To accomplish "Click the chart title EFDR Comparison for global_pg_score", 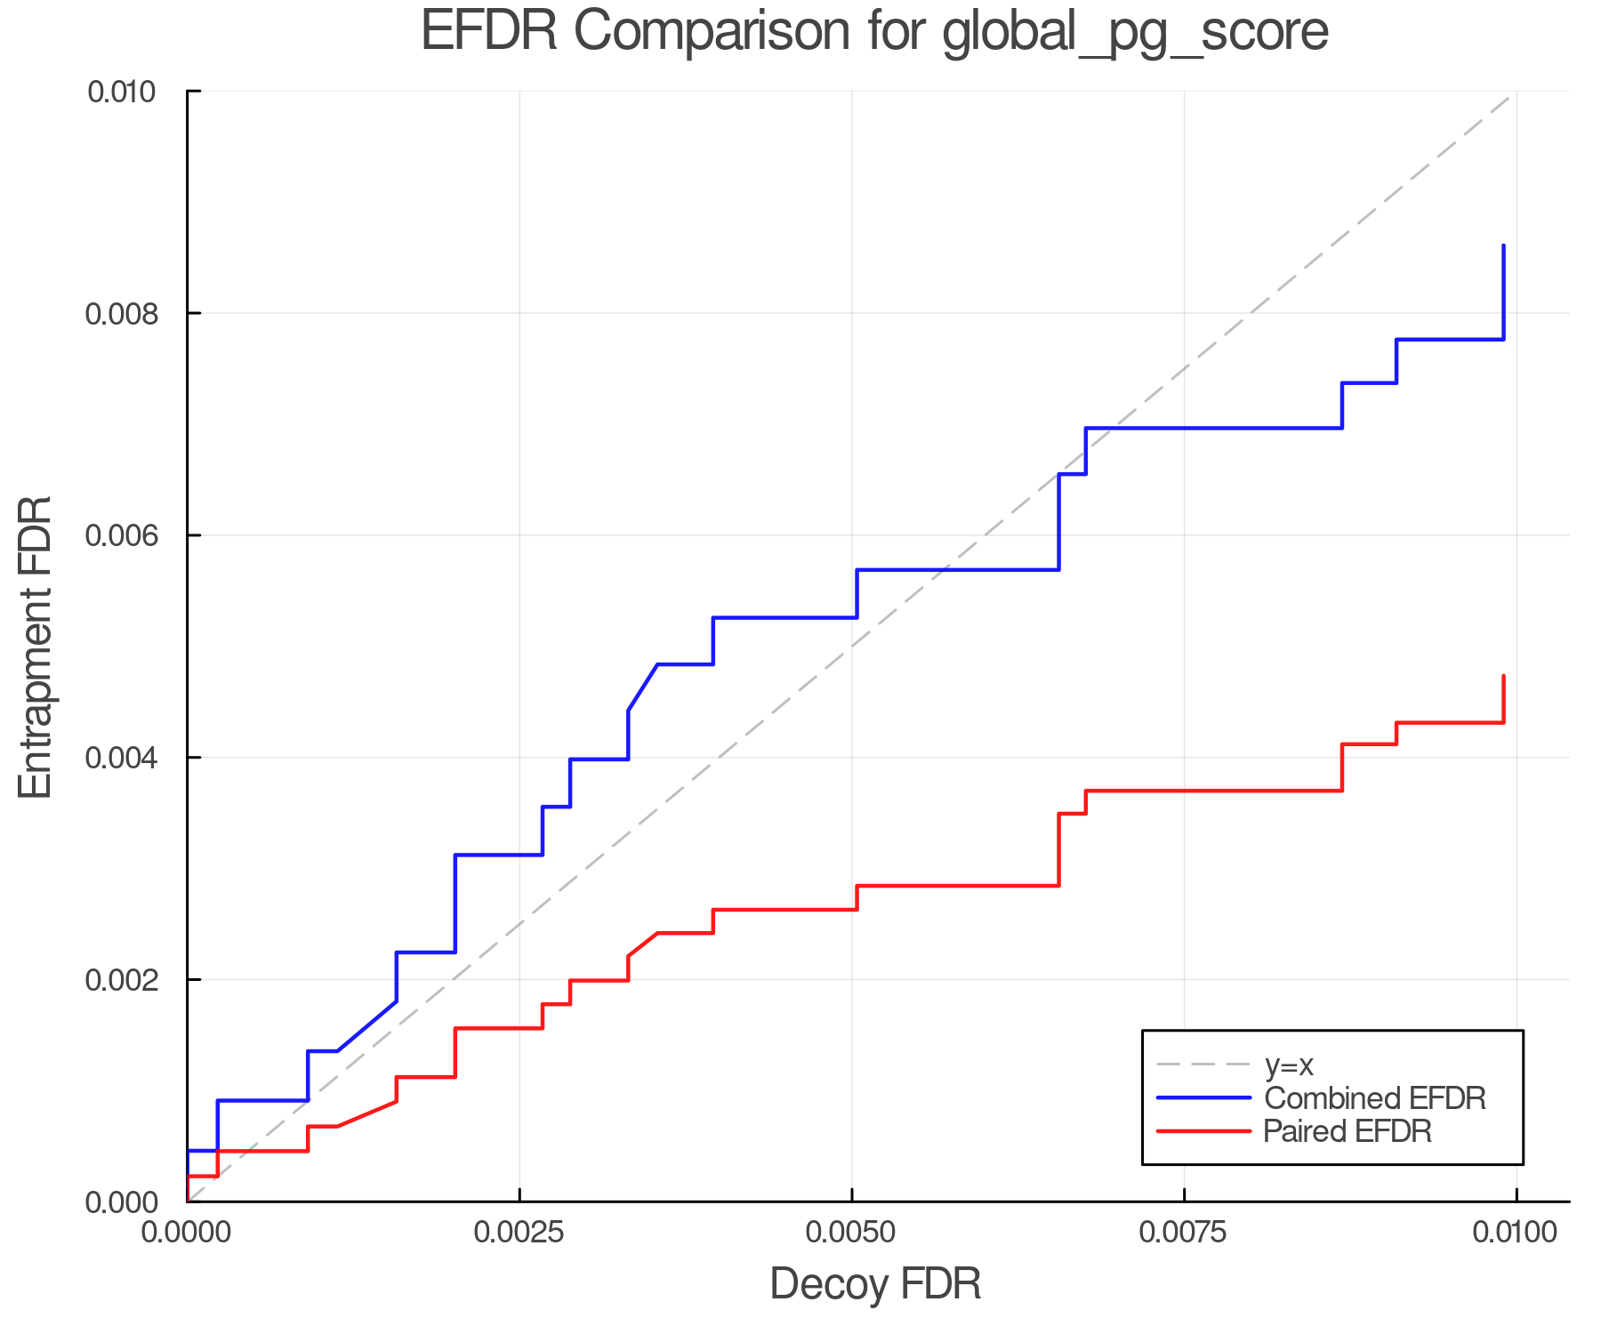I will pyautogui.click(x=874, y=32).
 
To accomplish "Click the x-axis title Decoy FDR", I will pyautogui.click(x=875, y=1284).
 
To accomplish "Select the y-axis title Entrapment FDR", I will pyautogui.click(x=36, y=647).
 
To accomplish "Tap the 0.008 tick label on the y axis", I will pyautogui.click(x=132, y=314).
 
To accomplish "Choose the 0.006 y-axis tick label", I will pyautogui.click(x=132, y=535).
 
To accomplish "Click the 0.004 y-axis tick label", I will pyautogui.click(x=132, y=758).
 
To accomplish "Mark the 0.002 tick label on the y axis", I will pyautogui.click(x=132, y=980).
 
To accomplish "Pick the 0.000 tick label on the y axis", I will pyautogui.click(x=132, y=1202).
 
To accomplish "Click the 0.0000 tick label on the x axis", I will pyautogui.click(x=187, y=1233).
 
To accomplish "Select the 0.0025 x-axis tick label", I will pyautogui.click(x=519, y=1233).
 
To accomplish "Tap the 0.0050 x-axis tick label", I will pyautogui.click(x=852, y=1233).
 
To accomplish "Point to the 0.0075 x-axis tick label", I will pyautogui.click(x=1185, y=1233).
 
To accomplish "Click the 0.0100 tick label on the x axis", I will pyautogui.click(x=1517, y=1233).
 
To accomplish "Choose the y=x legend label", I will pyautogui.click(x=1289, y=1065).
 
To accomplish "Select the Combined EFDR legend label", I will pyautogui.click(x=1374, y=1098).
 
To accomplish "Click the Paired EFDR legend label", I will pyautogui.click(x=1347, y=1131).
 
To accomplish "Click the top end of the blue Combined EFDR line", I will pyautogui.click(x=1503, y=245).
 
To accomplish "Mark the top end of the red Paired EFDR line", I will pyautogui.click(x=1503, y=676).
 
